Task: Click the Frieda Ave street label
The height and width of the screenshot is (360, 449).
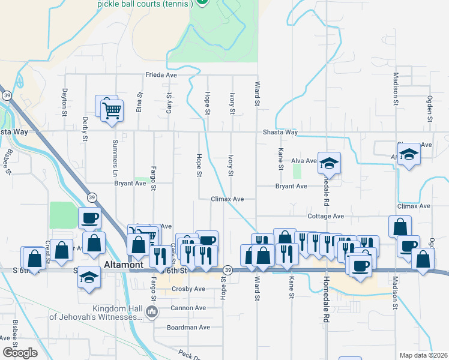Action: (161, 76)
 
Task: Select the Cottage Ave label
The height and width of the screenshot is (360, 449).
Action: (325, 216)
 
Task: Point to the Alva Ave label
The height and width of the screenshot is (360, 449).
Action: (304, 161)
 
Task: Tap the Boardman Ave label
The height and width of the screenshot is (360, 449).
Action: (188, 328)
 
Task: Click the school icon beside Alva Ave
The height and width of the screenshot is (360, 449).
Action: (329, 163)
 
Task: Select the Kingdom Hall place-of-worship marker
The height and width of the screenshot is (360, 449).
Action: (151, 311)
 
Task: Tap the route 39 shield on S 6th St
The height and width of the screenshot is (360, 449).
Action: (228, 271)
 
